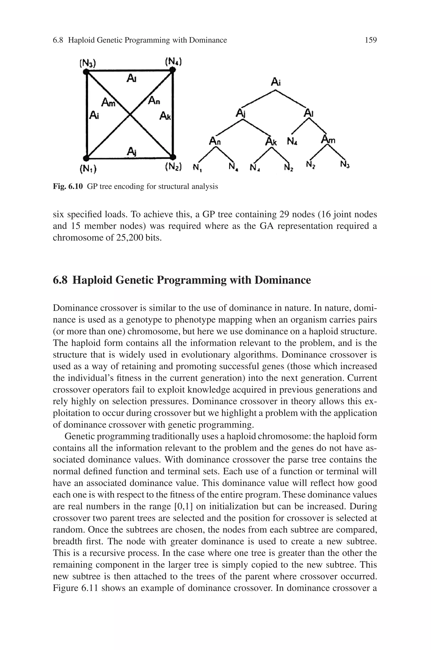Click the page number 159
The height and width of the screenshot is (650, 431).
(371, 40)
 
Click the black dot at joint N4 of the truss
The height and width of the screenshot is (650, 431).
(172, 70)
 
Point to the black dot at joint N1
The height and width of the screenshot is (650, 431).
(86, 158)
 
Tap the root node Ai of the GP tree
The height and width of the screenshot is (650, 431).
(275, 82)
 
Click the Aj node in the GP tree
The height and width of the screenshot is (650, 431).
(241, 113)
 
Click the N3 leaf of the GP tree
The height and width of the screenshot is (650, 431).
(345, 165)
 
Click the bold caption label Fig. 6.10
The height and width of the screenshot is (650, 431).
(68, 187)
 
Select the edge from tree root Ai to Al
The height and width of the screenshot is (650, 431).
(291, 99)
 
